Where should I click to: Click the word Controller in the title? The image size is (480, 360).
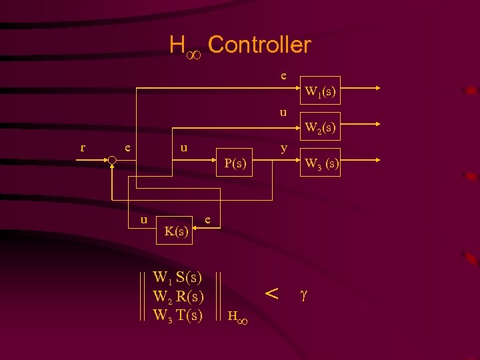259,45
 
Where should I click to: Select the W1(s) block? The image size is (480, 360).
320,91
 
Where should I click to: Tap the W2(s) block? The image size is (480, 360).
320,125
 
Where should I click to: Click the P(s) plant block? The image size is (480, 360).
235,163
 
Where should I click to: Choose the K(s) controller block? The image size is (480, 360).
175,231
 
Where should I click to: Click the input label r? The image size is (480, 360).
82,147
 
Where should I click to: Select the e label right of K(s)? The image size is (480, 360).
209,219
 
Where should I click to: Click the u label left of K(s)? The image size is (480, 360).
143,219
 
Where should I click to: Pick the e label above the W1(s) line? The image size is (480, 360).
283,75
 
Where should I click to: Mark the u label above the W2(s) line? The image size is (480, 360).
283,112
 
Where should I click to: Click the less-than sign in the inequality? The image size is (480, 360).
271,293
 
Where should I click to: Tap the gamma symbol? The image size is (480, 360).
304,294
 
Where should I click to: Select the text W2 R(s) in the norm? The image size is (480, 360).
178,296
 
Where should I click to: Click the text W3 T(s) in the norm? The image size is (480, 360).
178,315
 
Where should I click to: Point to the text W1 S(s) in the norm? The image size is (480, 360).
178,277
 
